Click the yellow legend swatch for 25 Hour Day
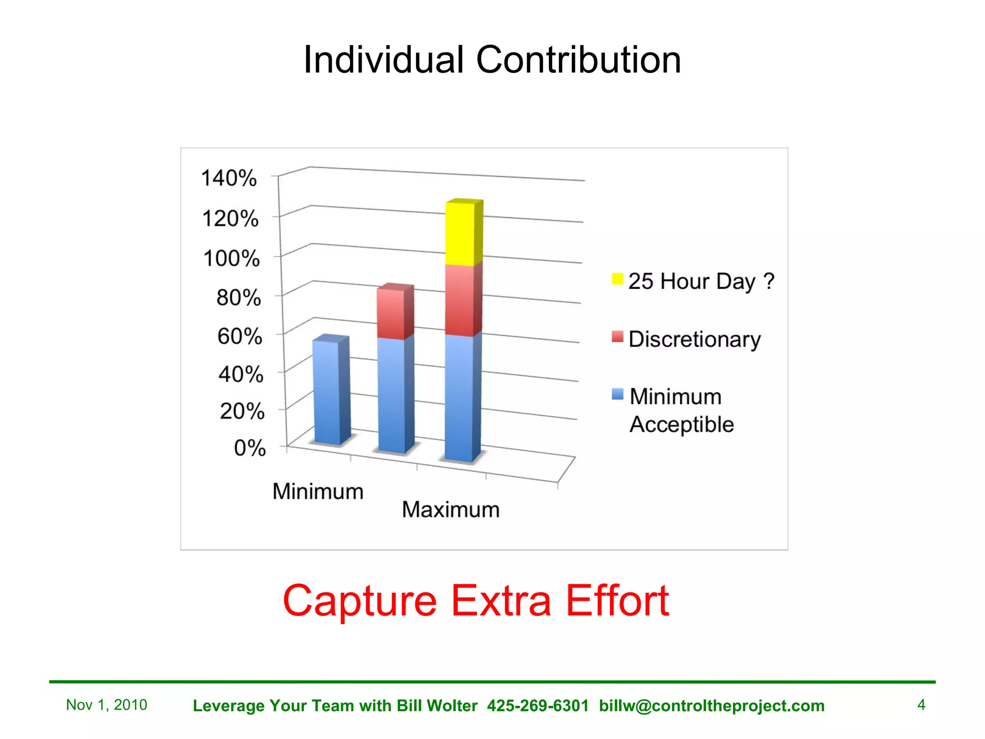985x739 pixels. coord(617,279)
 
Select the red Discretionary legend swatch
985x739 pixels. coord(617,337)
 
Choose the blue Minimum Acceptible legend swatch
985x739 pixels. coord(617,395)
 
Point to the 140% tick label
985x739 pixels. coord(229,178)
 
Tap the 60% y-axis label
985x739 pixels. coord(240,336)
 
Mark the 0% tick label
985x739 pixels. coord(250,448)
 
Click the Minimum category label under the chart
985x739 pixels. coord(318,492)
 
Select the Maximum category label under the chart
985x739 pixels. coord(451,510)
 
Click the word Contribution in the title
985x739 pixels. coord(578,60)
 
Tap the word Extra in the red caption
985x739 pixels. coord(501,601)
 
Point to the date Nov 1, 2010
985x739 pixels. coord(107,705)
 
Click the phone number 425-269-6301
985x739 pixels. coord(538,706)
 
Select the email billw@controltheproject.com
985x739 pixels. coord(712,706)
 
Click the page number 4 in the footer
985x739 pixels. coord(921,705)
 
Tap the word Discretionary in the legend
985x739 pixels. coord(695,339)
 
